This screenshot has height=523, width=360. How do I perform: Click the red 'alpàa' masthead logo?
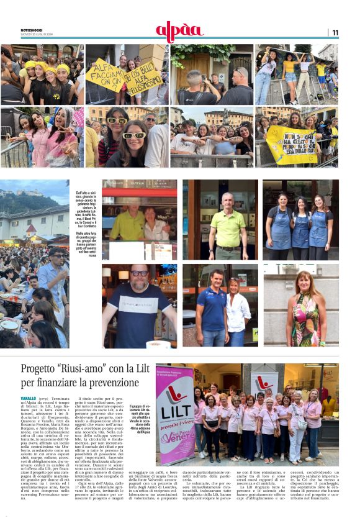tap(179, 31)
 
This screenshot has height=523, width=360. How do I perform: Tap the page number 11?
tap(335, 32)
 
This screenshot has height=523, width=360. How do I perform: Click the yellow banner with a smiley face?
tap(292, 144)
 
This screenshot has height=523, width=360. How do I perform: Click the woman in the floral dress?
tap(306, 311)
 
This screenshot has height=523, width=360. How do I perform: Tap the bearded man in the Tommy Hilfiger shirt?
tap(138, 307)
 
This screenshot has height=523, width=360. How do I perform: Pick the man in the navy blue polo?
tap(211, 307)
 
